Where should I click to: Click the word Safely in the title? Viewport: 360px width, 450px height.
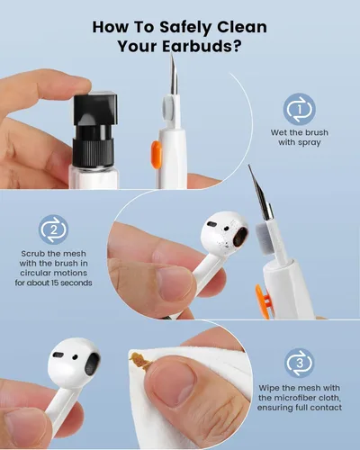tap(192, 25)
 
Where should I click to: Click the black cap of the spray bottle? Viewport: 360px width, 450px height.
tap(94, 97)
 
